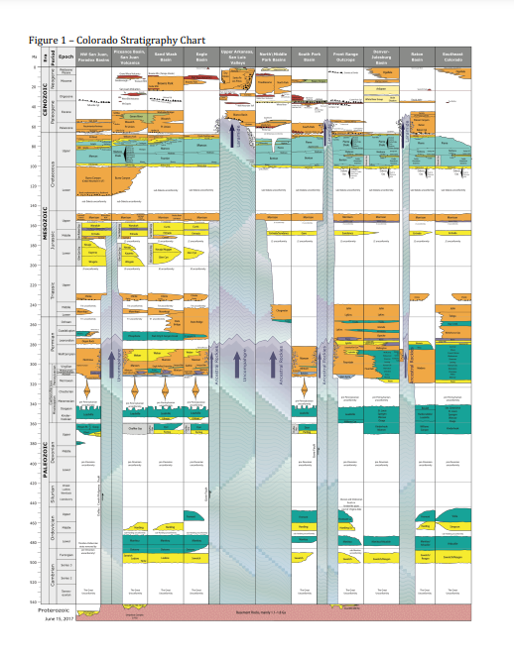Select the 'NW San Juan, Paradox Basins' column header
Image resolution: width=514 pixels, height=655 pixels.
93,55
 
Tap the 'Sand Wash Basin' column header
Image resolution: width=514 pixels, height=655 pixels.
165,55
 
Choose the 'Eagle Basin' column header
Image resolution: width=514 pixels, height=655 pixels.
200,55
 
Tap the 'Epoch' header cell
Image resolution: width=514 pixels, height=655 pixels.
66,55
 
